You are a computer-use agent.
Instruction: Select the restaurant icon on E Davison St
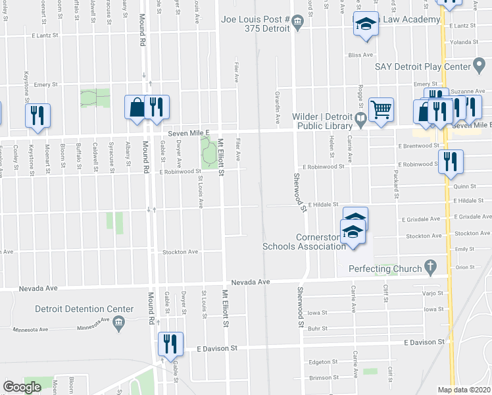click(x=170, y=344)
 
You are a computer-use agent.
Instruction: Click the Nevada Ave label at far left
click(x=38, y=288)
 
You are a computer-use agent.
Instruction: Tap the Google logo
click(x=22, y=387)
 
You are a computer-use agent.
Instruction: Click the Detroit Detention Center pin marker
click(x=118, y=322)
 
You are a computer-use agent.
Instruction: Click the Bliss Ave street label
click(x=360, y=55)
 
